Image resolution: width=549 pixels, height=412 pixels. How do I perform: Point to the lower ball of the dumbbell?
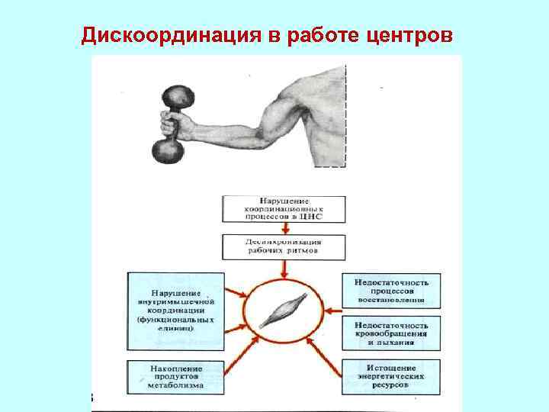pyautogui.click(x=169, y=149)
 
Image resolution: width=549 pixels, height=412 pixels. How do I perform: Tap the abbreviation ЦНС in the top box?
pyautogui.click(x=313, y=217)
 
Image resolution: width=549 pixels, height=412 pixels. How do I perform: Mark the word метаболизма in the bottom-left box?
pyautogui.click(x=176, y=386)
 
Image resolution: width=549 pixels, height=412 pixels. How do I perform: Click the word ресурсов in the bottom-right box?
pyautogui.click(x=391, y=385)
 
